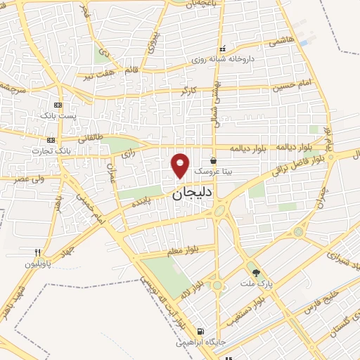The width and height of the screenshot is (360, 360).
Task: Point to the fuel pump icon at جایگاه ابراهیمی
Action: pyautogui.click(x=201, y=332)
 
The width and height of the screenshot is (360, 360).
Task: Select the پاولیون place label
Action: pyautogui.click(x=39, y=264)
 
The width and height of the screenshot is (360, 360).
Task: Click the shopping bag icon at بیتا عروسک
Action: pyautogui.click(x=213, y=160)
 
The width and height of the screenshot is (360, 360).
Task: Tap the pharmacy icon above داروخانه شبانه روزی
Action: pyautogui.click(x=222, y=49)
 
